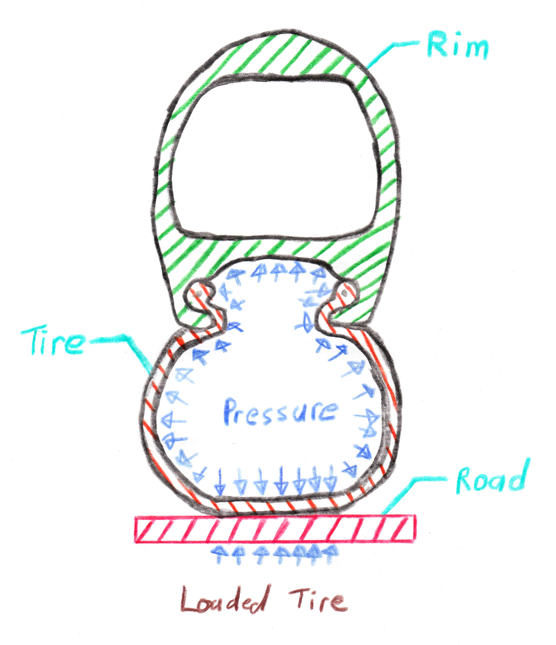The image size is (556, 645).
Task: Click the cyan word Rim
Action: [457, 46]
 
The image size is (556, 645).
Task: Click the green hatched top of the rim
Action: [282, 52]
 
